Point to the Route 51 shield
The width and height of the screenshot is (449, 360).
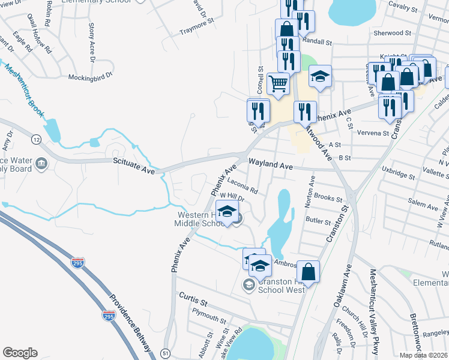(165, 355)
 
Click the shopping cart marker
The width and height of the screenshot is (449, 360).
(277, 85)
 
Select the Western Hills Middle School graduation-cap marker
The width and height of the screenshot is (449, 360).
(227, 212)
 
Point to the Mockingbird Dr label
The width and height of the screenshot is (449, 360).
(90, 77)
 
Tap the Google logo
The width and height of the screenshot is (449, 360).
(20, 353)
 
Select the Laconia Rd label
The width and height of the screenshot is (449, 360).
(243, 186)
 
